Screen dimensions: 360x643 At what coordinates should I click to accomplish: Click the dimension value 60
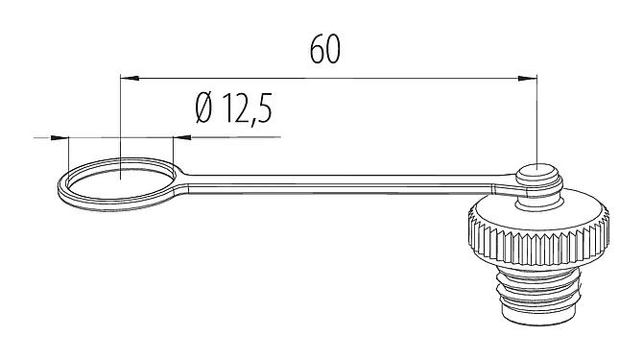coord(326,51)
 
